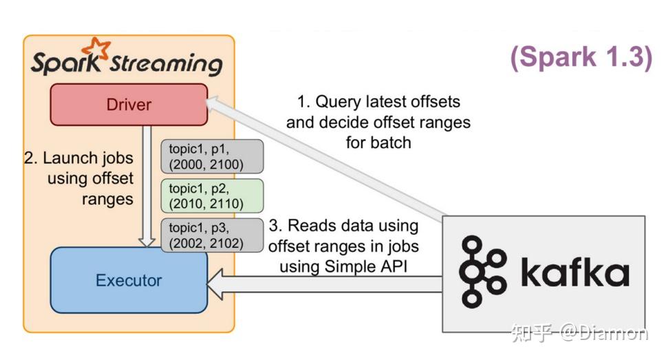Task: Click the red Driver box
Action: (129, 105)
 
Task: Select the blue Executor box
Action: (129, 280)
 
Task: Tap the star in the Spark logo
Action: (96, 49)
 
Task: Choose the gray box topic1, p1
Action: (211, 156)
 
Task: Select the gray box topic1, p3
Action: (211, 235)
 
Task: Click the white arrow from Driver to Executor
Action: (146, 186)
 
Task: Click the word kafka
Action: (574, 271)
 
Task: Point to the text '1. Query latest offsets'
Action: (378, 102)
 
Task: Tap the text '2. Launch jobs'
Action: (78, 158)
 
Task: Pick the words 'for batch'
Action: (378, 143)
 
